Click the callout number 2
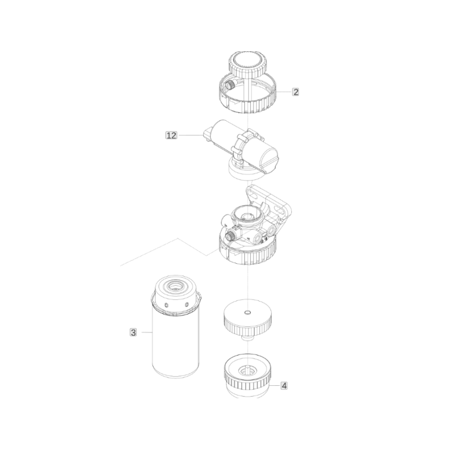coord(295,92)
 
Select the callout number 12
coord(172,135)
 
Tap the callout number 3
coord(133,332)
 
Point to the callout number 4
coord(284,386)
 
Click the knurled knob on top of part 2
coord(247,65)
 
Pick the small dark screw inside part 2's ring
coord(230,85)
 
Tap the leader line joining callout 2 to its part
coord(284,92)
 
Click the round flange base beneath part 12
coord(244,172)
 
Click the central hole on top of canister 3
coord(175,286)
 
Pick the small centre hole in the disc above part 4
coord(247,312)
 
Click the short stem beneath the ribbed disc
coord(247,338)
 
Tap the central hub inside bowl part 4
coord(246,370)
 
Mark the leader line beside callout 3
coord(147,332)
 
